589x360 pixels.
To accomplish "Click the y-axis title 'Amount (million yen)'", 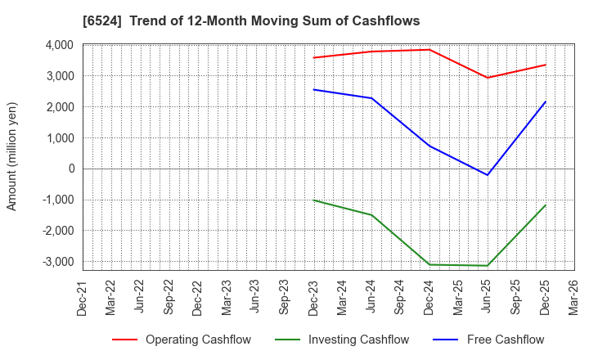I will [12, 156].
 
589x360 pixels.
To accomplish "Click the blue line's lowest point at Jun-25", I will [488, 175].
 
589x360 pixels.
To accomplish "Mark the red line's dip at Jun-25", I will [488, 78].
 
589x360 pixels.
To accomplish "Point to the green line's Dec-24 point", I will [429, 264].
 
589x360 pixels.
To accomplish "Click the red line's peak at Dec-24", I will [429, 50].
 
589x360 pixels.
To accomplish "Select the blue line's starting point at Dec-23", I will [313, 89].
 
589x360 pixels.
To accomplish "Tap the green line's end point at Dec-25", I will [546, 205].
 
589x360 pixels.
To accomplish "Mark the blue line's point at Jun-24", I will [371, 98].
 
